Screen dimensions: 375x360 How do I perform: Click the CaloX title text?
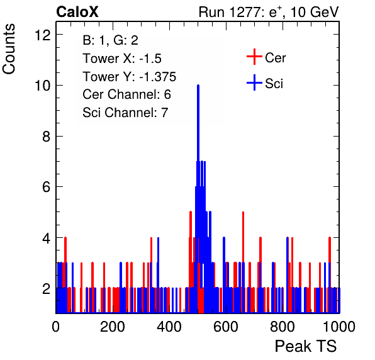pyautogui.click(x=77, y=12)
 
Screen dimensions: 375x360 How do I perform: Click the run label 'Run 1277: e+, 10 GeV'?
pyautogui.click(x=269, y=12)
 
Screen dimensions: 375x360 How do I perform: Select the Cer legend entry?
pyautogui.click(x=266, y=57)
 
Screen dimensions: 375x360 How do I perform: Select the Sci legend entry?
pyautogui.click(x=265, y=83)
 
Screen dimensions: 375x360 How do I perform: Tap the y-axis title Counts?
pyautogui.click(x=9, y=49)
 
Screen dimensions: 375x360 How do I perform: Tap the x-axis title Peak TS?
pyautogui.click(x=306, y=346)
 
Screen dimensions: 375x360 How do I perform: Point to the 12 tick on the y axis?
pyautogui.click(x=43, y=35)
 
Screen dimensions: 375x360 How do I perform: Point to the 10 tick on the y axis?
pyautogui.click(x=43, y=86)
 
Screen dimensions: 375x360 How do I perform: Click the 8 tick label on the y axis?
pyautogui.click(x=47, y=137)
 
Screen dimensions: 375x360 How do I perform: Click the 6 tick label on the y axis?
pyautogui.click(x=47, y=187)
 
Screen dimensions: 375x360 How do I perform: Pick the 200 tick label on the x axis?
pyautogui.click(x=113, y=327)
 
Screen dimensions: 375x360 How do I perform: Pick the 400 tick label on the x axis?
pyautogui.click(x=169, y=327)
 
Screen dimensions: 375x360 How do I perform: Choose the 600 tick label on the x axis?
pyautogui.click(x=226, y=327)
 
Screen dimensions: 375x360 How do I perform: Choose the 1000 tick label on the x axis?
pyautogui.click(x=339, y=327)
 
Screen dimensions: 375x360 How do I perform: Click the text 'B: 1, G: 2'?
pyautogui.click(x=111, y=40)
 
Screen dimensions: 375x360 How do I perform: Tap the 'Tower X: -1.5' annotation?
pyautogui.click(x=122, y=59)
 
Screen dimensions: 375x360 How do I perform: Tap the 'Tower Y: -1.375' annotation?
pyautogui.click(x=130, y=77)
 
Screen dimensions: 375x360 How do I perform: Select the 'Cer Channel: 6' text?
pyautogui.click(x=126, y=94)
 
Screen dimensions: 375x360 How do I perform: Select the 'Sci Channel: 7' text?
pyautogui.click(x=125, y=113)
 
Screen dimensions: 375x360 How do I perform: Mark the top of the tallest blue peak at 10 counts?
pyautogui.click(x=198, y=85)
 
